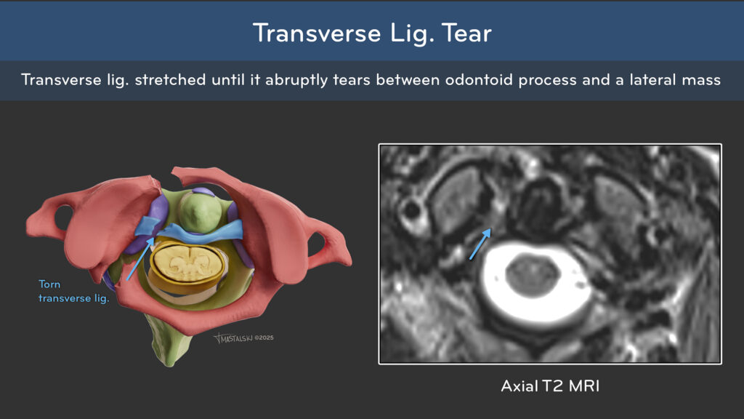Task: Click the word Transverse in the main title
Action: [x=317, y=33]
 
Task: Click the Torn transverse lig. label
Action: [x=73, y=291]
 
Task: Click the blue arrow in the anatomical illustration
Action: [x=140, y=259]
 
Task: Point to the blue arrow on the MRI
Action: [x=480, y=244]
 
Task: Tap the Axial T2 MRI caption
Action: [x=550, y=386]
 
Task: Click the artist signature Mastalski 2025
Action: [x=243, y=338]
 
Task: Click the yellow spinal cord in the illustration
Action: [x=188, y=263]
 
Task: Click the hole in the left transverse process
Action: [x=64, y=217]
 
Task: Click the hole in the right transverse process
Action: [x=317, y=244]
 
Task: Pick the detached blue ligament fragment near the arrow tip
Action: [x=148, y=226]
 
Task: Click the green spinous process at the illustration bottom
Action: [x=169, y=342]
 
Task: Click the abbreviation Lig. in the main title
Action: [x=411, y=33]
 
